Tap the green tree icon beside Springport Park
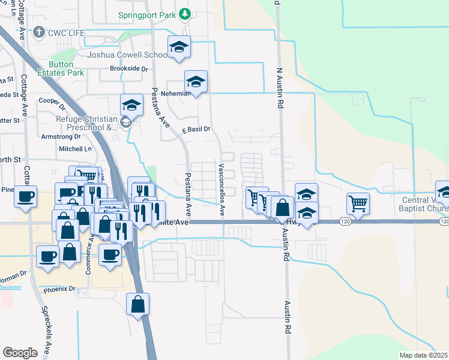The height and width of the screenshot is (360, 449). coord(185,13)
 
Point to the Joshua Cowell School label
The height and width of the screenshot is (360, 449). coord(127,55)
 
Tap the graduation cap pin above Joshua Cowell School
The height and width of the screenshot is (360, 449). coord(179,47)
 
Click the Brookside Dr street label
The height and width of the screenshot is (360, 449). coord(128,69)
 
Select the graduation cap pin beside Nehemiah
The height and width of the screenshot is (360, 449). coord(196,82)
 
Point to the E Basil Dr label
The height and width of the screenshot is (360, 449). coord(196,129)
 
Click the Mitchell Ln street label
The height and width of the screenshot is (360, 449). coord(76,148)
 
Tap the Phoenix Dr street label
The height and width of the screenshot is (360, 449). coord(59,289)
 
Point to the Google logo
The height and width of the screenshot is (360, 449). coord(20,353)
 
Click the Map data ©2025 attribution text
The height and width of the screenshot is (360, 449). coord(423,355)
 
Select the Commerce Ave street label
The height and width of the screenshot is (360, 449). coord(88,256)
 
